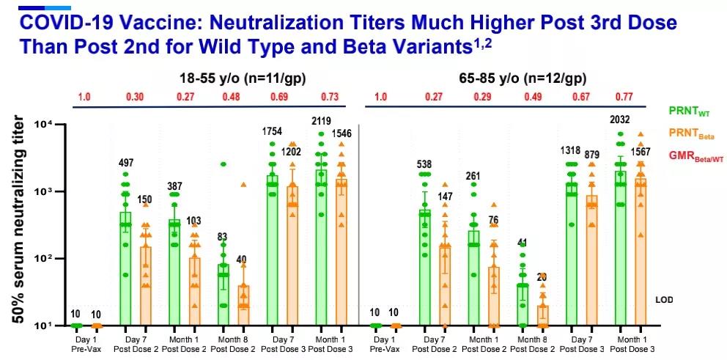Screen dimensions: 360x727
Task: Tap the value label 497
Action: (127, 162)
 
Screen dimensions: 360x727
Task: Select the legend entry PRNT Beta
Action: (692, 133)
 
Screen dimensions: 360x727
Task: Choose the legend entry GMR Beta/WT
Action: (694, 155)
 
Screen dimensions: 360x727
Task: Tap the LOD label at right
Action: (664, 300)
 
